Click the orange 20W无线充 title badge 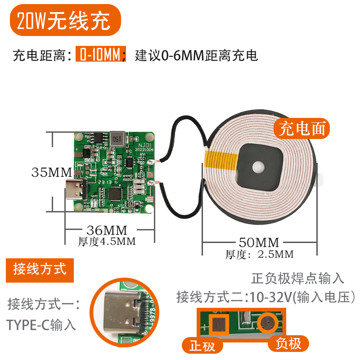click(65, 20)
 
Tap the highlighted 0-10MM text click(101, 54)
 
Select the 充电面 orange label click(301, 128)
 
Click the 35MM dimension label click(52, 172)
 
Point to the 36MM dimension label click(107, 230)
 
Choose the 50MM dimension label click(259, 242)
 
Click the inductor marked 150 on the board click(117, 139)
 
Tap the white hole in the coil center click(258, 167)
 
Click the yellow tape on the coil click(221, 160)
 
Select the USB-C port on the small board click(75, 189)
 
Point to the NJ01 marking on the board click(145, 145)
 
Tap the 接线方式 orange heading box click(40, 270)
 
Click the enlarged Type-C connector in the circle click(123, 312)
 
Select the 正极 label click(202, 346)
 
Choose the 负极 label click(288, 344)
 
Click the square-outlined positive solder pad click(218, 324)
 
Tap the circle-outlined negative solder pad click(268, 323)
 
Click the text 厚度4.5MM click(107, 242)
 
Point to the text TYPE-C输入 click(41, 325)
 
